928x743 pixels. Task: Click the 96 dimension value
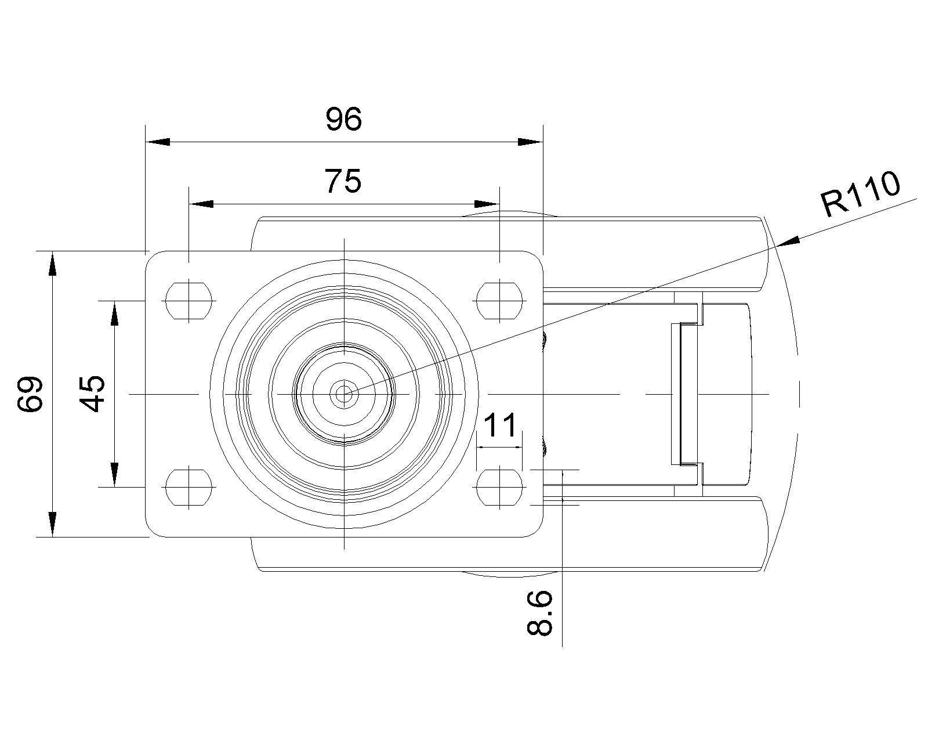[343, 120]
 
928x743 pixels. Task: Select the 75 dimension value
[343, 182]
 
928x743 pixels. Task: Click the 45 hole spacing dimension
[92, 394]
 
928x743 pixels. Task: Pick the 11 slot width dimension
[499, 425]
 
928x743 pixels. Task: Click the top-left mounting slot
[188, 301]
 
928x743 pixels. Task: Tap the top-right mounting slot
[499, 301]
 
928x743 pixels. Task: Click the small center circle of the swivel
[344, 394]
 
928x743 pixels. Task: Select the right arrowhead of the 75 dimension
[486, 204]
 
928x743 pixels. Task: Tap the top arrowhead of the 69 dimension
[53, 264]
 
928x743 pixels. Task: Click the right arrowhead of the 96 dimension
[530, 142]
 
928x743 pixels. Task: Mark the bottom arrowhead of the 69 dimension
[53, 524]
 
